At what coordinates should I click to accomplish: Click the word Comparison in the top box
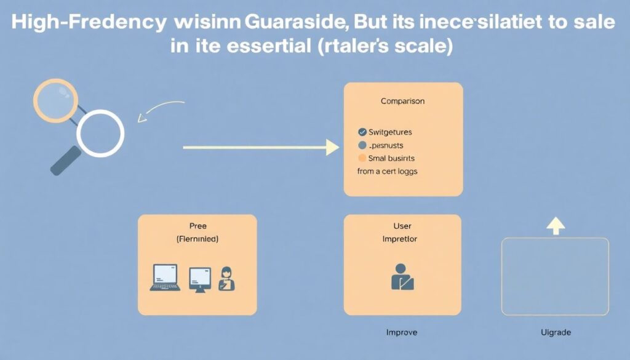tap(402, 100)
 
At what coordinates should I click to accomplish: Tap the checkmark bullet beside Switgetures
tap(362, 132)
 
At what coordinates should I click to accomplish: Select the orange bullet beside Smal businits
tap(362, 158)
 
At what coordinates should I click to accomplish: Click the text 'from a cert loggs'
tap(387, 171)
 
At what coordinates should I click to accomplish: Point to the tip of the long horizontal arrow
tap(337, 148)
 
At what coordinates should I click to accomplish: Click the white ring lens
tap(100, 132)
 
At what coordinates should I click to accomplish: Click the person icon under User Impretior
tap(402, 277)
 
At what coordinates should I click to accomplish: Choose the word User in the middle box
tap(402, 226)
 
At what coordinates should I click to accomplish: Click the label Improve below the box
tap(401, 332)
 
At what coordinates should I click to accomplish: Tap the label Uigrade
tap(555, 332)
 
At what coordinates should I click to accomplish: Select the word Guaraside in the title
tap(295, 22)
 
